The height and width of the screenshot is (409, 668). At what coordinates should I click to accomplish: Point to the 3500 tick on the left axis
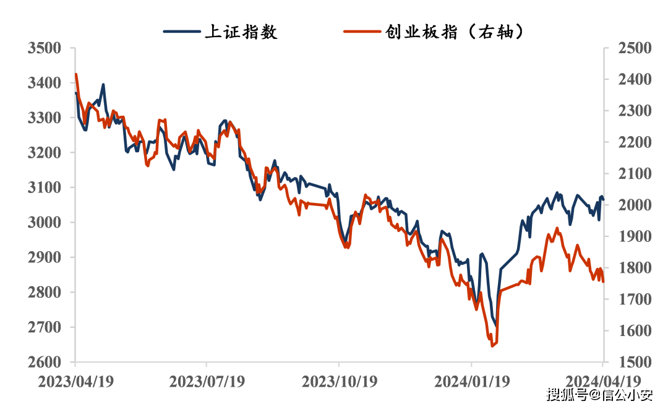[x=45, y=48]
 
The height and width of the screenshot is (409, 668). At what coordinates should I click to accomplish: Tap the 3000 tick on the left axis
[x=45, y=222]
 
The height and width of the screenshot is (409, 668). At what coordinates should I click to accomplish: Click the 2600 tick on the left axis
[x=45, y=362]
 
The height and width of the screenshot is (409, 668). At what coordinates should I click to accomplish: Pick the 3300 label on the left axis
[x=45, y=118]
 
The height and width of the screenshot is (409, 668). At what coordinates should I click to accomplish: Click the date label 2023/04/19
[x=75, y=382]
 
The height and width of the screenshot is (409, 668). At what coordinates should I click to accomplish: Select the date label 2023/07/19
[x=207, y=382]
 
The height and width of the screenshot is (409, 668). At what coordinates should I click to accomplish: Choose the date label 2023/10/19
[x=339, y=382]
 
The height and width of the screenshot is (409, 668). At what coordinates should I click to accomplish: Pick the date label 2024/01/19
[x=471, y=382]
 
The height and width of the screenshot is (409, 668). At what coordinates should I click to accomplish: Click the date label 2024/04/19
[x=603, y=382]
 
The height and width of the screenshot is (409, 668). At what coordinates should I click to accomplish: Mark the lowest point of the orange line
[x=492, y=346]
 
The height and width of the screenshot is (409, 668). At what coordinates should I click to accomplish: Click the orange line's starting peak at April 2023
[x=75, y=74]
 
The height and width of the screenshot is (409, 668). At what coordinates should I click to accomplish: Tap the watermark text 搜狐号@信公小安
[x=600, y=394]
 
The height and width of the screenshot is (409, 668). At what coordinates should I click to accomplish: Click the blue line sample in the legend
[x=182, y=32]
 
